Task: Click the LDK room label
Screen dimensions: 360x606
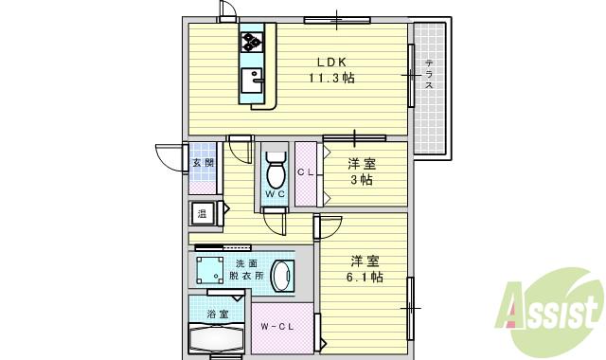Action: coord(330,64)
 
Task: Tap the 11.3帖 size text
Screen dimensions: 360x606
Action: coord(330,80)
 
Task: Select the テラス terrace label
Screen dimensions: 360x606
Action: coord(429,74)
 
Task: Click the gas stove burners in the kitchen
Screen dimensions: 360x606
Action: coord(252,41)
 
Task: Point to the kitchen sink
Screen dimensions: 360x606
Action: coord(251,80)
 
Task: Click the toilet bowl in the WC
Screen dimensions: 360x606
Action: coord(276,174)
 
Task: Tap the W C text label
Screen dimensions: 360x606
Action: coord(275,194)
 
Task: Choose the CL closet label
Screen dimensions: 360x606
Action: coord(305,172)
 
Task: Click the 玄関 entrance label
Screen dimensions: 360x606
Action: coord(204,163)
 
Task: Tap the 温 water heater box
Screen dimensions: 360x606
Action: coord(203,214)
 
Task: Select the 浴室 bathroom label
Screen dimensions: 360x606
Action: coord(217,314)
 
